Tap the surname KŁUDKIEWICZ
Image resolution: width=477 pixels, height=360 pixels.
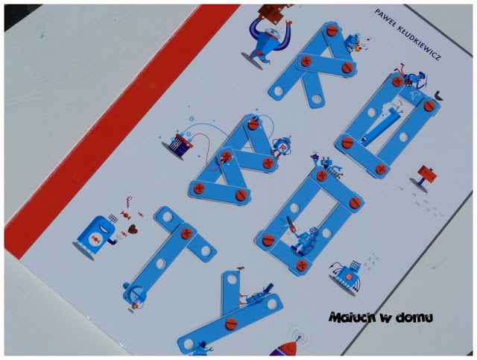[x=420, y=43]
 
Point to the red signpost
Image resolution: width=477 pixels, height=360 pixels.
[x=425, y=177]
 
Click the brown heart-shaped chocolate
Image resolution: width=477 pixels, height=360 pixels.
[x=133, y=229]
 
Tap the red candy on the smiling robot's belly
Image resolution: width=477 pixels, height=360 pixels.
[x=95, y=239]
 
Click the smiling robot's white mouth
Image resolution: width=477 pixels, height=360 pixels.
[x=105, y=226]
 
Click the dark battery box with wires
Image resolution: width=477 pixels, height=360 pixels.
[x=181, y=145]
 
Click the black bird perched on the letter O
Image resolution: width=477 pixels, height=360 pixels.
[x=438, y=95]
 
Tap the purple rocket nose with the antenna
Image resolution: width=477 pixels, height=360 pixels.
[x=287, y=347]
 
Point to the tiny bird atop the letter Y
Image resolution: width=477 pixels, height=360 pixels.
[x=241, y=268]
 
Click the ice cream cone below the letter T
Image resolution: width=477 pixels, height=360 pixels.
[x=135, y=304]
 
